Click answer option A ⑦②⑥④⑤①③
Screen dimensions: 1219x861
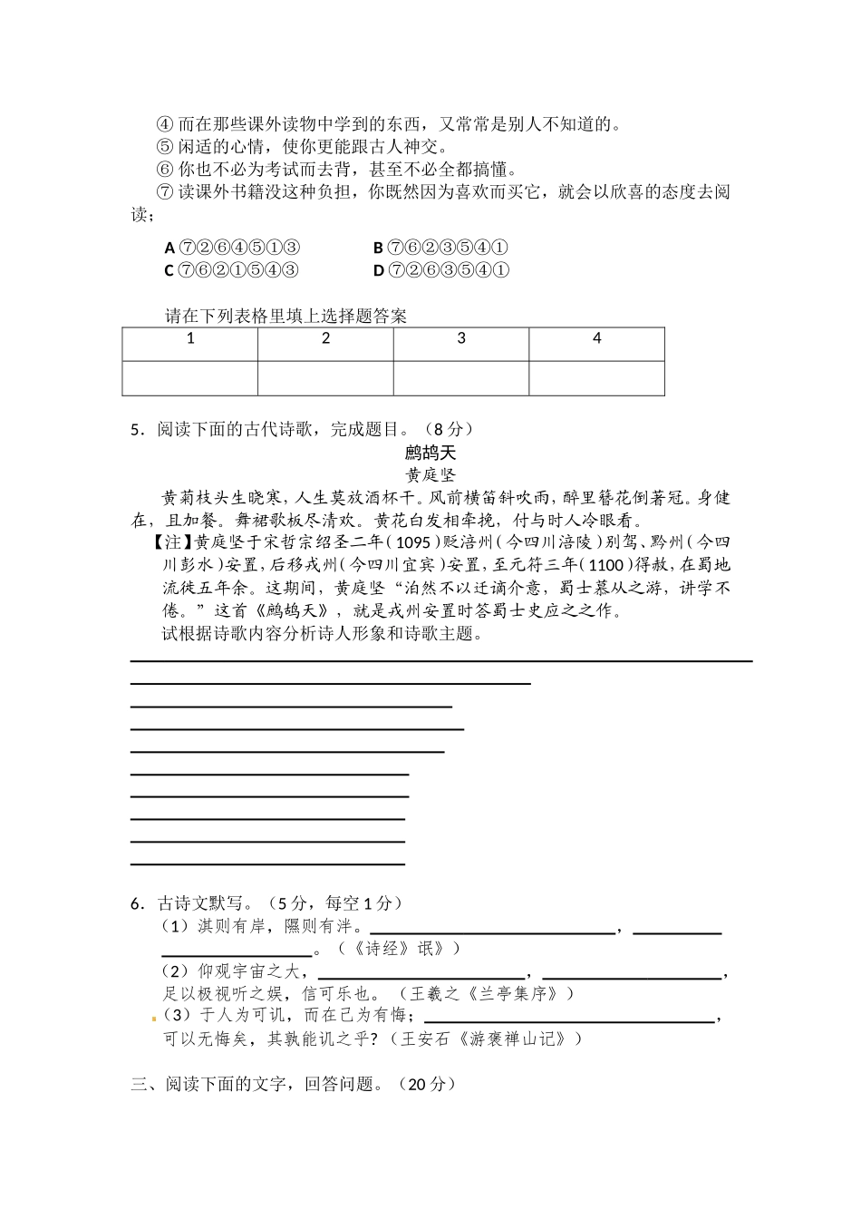coord(233,248)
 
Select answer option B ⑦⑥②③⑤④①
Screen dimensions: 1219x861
coord(440,248)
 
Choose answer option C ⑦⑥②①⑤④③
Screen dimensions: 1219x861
coord(232,270)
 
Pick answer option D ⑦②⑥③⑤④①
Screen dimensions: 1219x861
coord(441,270)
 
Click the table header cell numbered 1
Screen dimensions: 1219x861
coord(190,338)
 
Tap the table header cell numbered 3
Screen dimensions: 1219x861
coord(461,338)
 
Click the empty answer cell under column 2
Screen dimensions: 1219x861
coord(325,378)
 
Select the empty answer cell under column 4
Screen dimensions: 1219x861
coord(596,378)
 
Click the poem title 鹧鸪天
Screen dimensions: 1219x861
coord(430,453)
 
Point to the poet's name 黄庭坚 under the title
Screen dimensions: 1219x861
coord(430,474)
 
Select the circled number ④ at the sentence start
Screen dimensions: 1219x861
coord(164,124)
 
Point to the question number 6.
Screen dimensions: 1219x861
coord(136,903)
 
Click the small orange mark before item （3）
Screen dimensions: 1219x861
coord(154,1019)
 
